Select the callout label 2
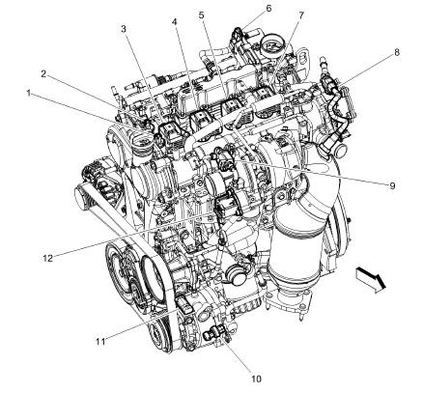(x=43, y=72)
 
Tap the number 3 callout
(x=124, y=30)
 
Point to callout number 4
(x=175, y=21)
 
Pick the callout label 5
(x=202, y=15)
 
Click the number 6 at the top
(x=241, y=8)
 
